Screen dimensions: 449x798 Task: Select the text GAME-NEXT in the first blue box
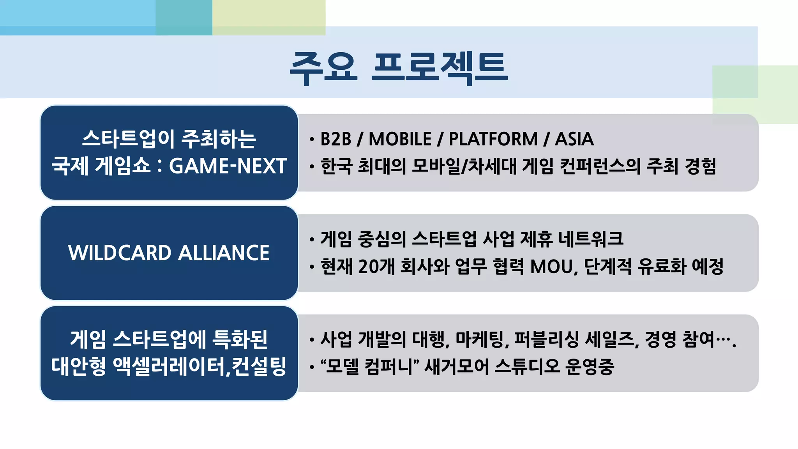click(228, 166)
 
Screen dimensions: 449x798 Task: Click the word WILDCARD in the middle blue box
click(119, 253)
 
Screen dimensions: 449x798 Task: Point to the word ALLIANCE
click(224, 253)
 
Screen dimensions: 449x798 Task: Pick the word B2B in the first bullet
click(335, 139)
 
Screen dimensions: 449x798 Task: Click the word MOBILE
click(400, 139)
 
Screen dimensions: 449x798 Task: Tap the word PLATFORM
click(493, 139)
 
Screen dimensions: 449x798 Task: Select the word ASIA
click(574, 139)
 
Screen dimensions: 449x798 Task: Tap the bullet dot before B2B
click(312, 140)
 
